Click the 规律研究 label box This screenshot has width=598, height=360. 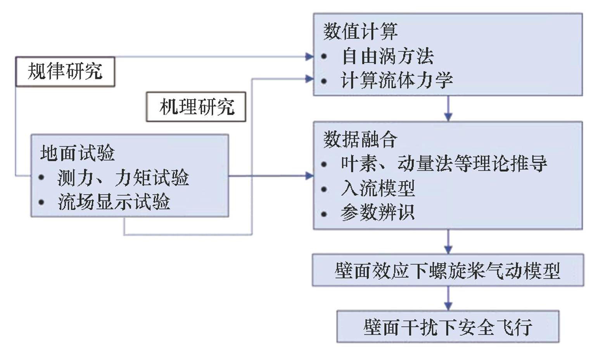point(65,72)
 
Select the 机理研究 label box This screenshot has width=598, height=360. point(196,107)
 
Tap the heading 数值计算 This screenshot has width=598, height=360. point(360,31)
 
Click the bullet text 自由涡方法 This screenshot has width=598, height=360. point(387,57)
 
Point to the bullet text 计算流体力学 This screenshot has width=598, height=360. point(396,81)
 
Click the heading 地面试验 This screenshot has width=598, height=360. point(78,153)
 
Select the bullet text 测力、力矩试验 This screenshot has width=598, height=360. point(123,178)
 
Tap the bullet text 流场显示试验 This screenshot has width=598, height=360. point(114,202)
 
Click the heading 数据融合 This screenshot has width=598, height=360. point(360,139)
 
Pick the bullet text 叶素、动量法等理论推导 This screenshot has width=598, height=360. point(444,164)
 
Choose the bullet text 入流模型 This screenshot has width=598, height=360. point(378,188)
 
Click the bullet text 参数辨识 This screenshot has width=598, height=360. point(378,213)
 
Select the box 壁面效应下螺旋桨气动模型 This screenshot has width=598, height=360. point(448,270)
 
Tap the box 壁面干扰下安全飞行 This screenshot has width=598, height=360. point(448,327)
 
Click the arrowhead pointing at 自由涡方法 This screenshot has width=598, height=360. point(309,57)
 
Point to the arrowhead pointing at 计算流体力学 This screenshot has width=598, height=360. point(309,79)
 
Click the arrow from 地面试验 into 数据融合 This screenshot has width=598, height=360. point(271,176)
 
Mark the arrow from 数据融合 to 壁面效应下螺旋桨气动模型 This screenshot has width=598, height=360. point(448,242)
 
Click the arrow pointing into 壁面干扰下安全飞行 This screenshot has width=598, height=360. point(448,299)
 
